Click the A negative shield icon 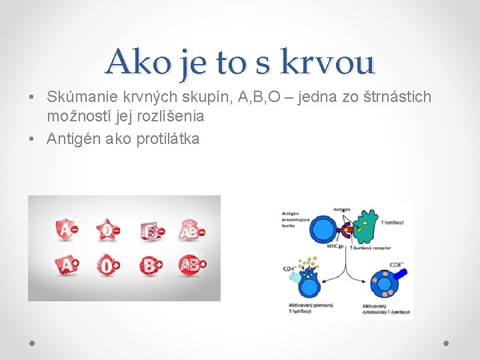66,230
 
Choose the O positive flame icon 107,265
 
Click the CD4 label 290,269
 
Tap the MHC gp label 335,246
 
